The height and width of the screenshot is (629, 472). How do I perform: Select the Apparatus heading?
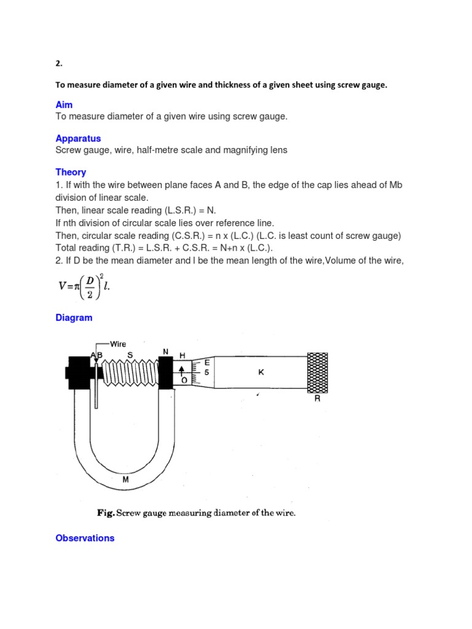coord(78,139)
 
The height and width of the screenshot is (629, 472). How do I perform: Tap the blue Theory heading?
coord(71,173)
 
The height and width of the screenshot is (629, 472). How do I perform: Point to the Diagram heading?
coord(74,318)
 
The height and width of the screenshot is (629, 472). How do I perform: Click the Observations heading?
coord(85,538)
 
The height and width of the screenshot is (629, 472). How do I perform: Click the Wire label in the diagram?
coord(117,344)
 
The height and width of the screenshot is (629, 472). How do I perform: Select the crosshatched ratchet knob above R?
coord(317,372)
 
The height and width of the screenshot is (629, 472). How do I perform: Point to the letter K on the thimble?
coord(261,372)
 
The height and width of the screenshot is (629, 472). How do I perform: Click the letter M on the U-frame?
coord(125,480)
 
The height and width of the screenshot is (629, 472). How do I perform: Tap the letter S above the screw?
coord(130,354)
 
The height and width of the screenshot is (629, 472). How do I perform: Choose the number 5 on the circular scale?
coord(206,372)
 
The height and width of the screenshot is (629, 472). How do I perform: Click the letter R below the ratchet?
coord(317,398)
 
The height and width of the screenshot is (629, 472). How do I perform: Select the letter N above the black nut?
coord(165,351)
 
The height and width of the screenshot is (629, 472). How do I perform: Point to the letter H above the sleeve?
coord(182,355)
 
